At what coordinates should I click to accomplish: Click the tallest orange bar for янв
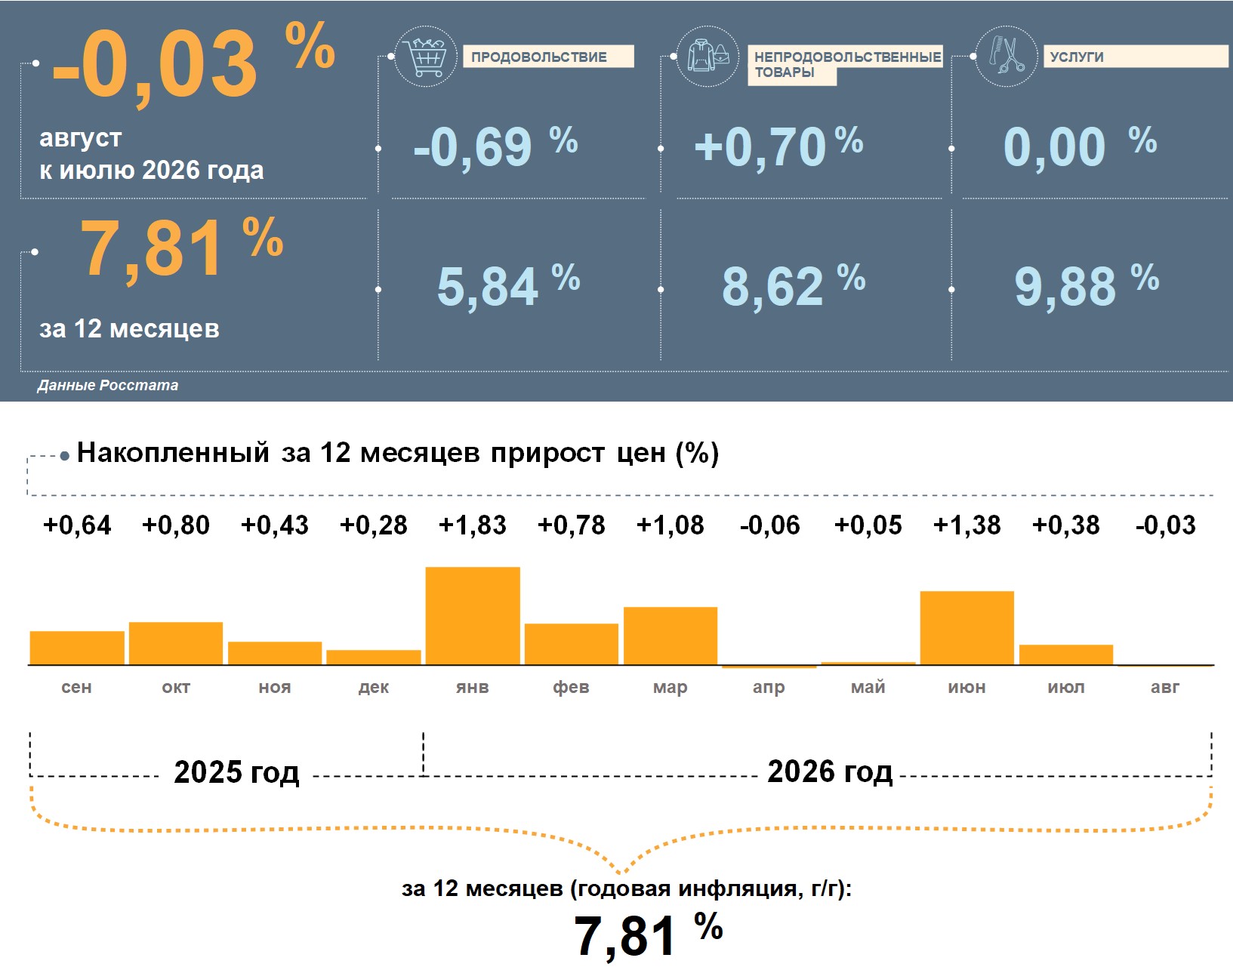click(473, 616)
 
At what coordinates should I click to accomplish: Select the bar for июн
click(967, 628)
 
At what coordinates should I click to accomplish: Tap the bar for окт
click(176, 643)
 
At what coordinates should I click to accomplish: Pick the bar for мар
click(670, 636)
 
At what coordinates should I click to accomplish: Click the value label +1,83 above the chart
click(473, 525)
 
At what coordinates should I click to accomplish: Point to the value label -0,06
click(769, 525)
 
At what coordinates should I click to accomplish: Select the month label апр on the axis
click(769, 688)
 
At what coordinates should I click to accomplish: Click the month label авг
click(1165, 687)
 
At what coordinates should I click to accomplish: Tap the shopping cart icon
click(426, 56)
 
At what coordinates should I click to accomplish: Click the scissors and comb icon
click(1006, 56)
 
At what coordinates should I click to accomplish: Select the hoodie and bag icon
click(707, 56)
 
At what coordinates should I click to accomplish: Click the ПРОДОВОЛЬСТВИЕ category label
click(538, 57)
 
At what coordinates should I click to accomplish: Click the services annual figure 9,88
click(1065, 287)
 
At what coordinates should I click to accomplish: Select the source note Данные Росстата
click(108, 385)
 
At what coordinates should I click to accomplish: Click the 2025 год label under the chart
click(236, 771)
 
